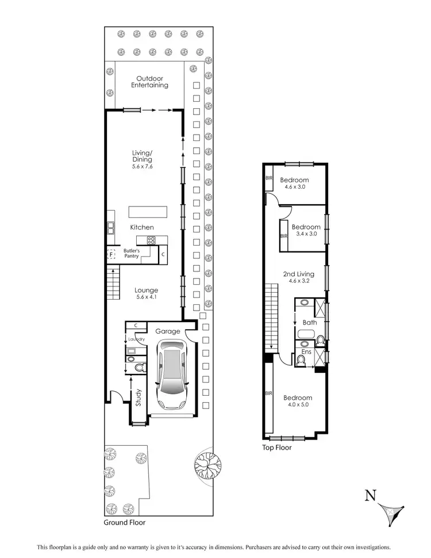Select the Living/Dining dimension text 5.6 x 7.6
tap(142, 166)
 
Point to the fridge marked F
tap(111, 253)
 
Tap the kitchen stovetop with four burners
tap(151, 241)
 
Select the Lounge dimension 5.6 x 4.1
tap(146, 298)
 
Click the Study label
tap(138, 399)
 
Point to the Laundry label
tap(136, 339)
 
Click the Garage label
tap(168, 331)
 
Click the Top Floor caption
tap(276, 447)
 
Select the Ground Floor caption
tap(124, 523)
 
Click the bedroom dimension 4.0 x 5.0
tap(297, 405)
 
